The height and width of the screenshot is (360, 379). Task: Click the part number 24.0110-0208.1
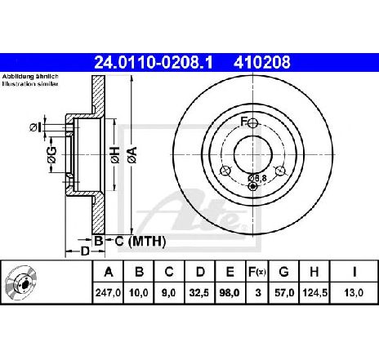click(x=154, y=63)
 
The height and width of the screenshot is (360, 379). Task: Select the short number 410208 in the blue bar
click(x=262, y=63)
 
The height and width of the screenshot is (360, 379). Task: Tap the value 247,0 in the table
click(x=108, y=293)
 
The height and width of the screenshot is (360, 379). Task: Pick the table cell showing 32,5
click(x=199, y=293)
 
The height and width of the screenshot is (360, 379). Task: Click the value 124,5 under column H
click(x=314, y=293)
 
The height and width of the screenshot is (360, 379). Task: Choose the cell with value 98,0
click(x=230, y=293)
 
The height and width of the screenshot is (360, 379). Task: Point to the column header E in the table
click(x=230, y=272)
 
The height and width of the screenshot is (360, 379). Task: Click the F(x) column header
click(x=256, y=272)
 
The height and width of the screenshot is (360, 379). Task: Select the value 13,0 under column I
click(x=354, y=293)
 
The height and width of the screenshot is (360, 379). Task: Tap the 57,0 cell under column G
click(x=284, y=293)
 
